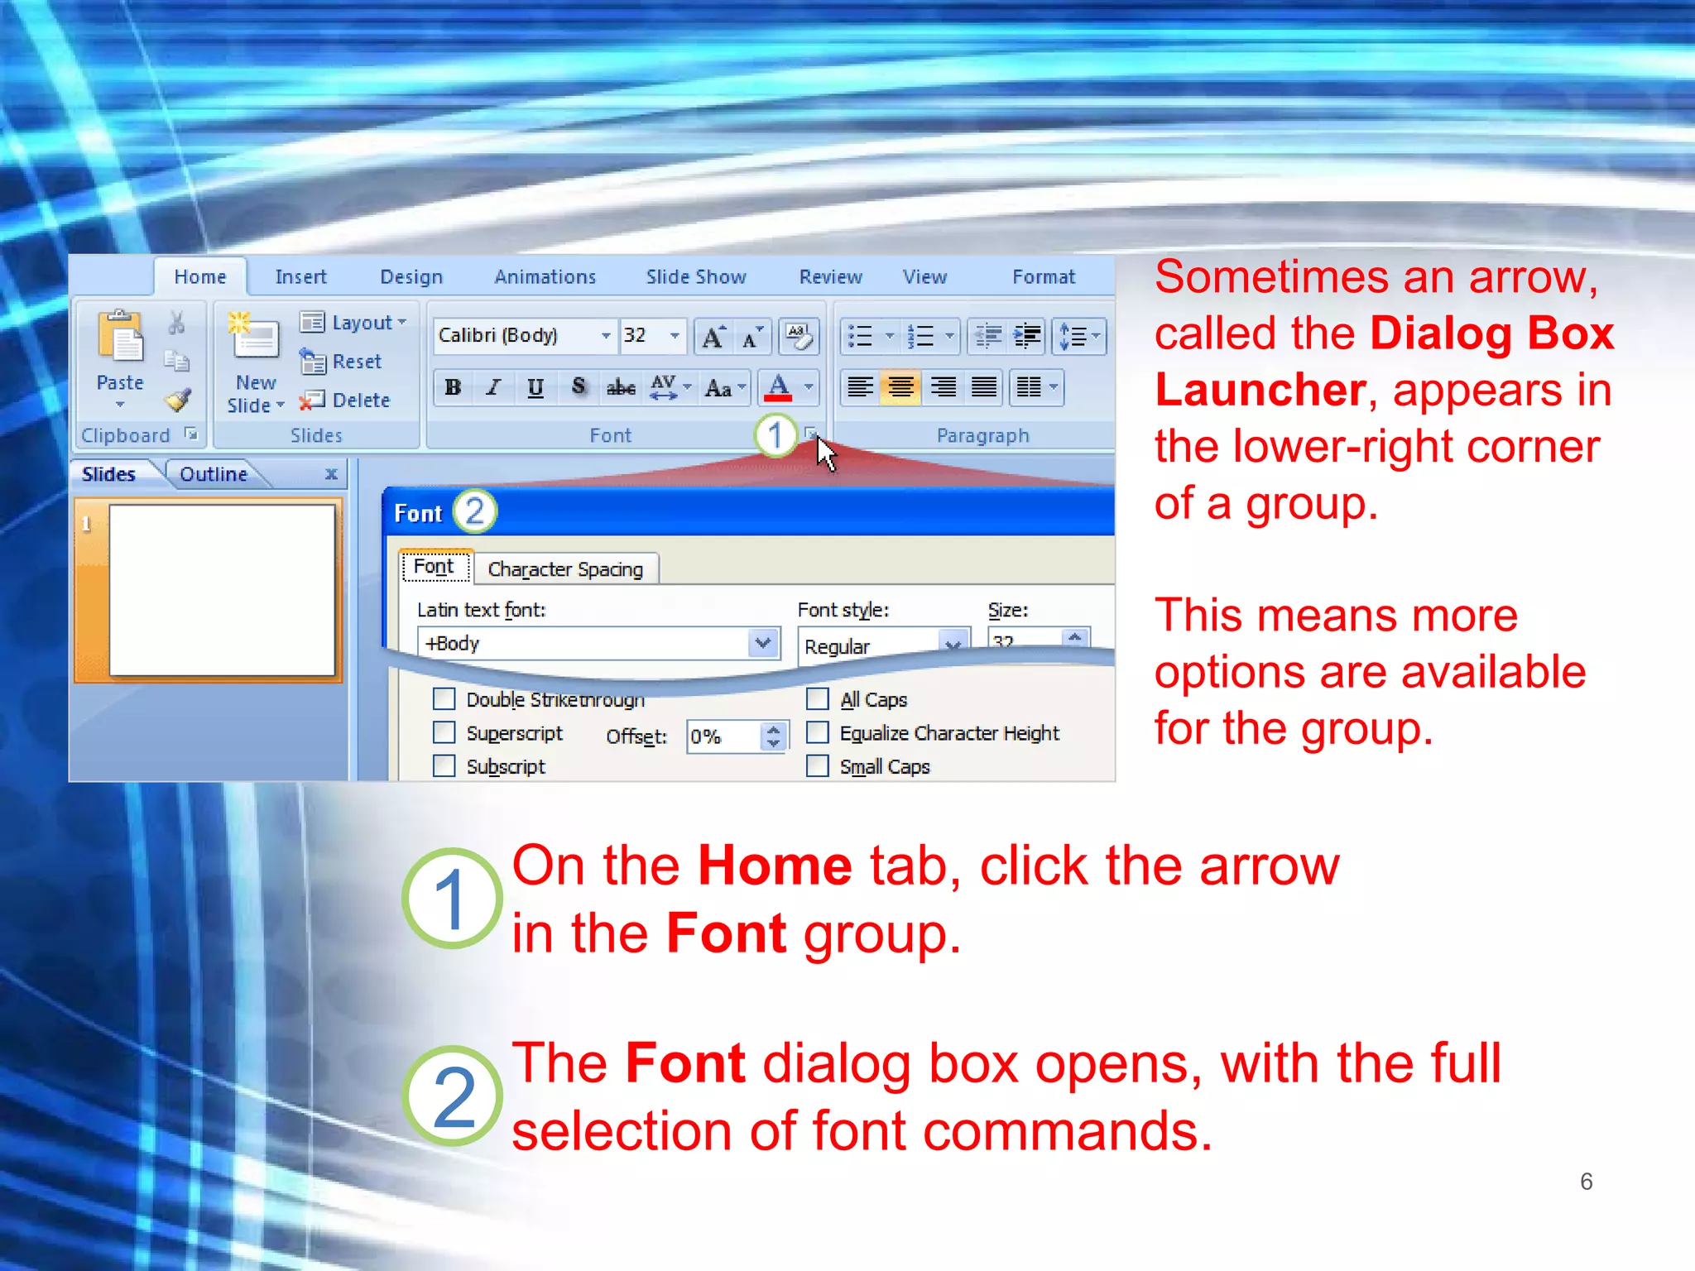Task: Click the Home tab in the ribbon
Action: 200,277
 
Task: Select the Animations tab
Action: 545,277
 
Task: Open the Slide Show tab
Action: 696,277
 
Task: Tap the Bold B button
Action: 453,387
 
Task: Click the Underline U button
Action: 535,387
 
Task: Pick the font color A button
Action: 778,387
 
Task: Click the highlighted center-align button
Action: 900,387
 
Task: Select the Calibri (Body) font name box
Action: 517,335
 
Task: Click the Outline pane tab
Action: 214,474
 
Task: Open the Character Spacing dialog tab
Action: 565,569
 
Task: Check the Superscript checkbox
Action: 444,733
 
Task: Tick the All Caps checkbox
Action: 818,699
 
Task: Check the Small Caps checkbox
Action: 818,766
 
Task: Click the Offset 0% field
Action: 723,736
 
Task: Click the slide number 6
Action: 1586,1182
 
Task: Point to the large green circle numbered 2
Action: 453,1096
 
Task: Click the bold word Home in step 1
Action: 775,866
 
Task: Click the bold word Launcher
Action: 1260,390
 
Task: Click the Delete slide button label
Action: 361,400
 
